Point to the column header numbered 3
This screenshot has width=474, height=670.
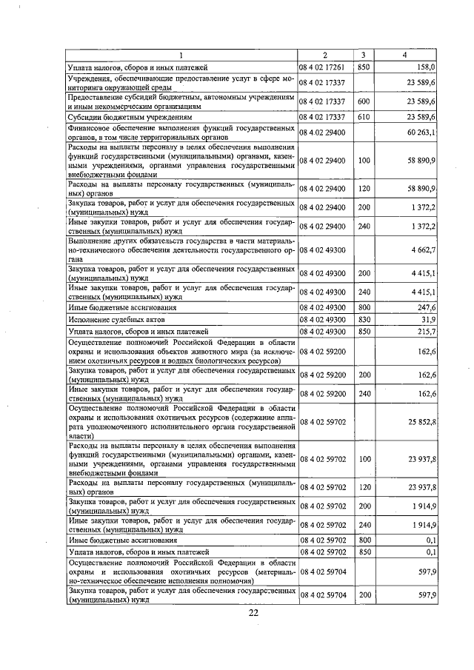click(364, 55)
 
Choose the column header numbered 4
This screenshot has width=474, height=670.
click(405, 55)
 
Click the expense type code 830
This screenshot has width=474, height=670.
click(364, 319)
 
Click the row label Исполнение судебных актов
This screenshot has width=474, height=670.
click(109, 319)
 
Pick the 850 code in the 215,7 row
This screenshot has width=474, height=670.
click(364, 332)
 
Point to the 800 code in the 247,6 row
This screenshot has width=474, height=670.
click(364, 306)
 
